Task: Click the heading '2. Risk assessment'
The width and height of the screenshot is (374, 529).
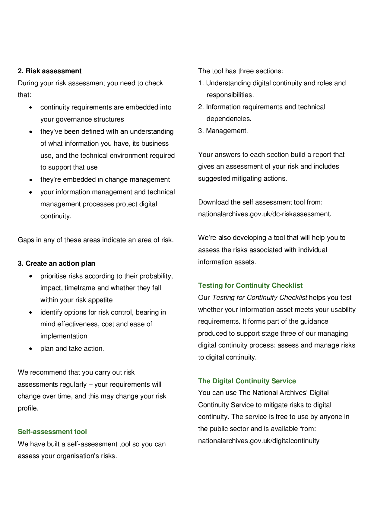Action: tap(49, 71)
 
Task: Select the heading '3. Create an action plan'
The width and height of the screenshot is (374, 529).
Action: tap(56, 263)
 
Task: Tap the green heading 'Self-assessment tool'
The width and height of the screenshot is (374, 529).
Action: tap(52, 432)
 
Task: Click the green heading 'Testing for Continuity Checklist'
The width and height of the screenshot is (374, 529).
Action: tap(250, 285)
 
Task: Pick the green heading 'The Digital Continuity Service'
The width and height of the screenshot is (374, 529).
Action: tap(247, 381)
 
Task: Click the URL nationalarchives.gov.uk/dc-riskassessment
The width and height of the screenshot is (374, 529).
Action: tap(265, 214)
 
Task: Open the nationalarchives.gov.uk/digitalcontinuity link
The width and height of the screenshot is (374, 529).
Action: tap(258, 441)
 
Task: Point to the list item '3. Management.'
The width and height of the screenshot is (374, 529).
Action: tap(223, 131)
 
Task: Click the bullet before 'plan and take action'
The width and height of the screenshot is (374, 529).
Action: tap(31, 349)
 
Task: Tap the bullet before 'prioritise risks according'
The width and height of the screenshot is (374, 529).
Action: tap(31, 276)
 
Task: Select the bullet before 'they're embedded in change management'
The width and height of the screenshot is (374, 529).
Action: tap(31, 180)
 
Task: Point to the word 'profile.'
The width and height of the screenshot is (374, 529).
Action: tap(28, 408)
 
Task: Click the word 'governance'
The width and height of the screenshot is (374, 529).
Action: tap(73, 119)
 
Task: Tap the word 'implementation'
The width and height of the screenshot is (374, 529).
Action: tap(64, 336)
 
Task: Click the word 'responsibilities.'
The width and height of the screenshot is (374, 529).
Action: tap(230, 95)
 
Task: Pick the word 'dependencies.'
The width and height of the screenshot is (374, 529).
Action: tap(229, 119)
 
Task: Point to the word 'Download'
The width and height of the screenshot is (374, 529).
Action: tap(211, 202)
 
